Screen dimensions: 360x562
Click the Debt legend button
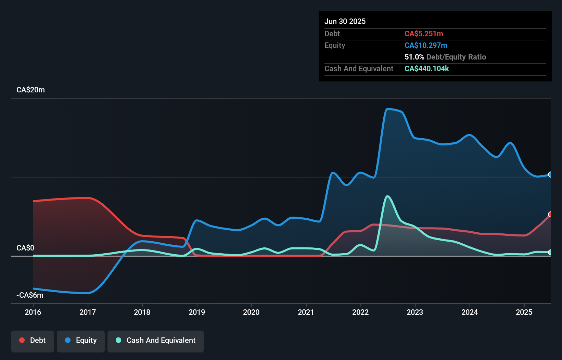click(33, 341)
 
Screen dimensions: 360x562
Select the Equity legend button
click(81, 341)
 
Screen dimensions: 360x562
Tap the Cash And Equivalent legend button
click(156, 341)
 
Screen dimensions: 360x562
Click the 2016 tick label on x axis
click(33, 312)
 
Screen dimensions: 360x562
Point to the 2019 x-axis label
click(197, 312)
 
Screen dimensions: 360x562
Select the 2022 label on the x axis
click(360, 312)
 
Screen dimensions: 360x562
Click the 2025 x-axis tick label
click(524, 312)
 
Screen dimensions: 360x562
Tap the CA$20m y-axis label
click(30, 90)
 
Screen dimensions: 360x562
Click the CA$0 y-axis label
click(25, 248)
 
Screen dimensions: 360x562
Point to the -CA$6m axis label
click(30, 295)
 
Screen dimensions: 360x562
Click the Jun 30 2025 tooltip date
click(345, 22)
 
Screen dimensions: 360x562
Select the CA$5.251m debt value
click(424, 34)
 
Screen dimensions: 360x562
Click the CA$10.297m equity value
click(426, 46)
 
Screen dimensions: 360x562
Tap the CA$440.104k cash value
click(426, 69)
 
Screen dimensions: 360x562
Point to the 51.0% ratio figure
click(414, 57)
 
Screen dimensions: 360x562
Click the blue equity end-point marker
click(550, 175)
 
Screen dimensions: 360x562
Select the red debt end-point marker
click(550, 215)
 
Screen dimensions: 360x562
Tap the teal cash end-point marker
click(550, 253)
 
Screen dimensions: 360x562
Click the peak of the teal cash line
click(387, 196)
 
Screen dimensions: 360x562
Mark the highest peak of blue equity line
click(387, 109)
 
